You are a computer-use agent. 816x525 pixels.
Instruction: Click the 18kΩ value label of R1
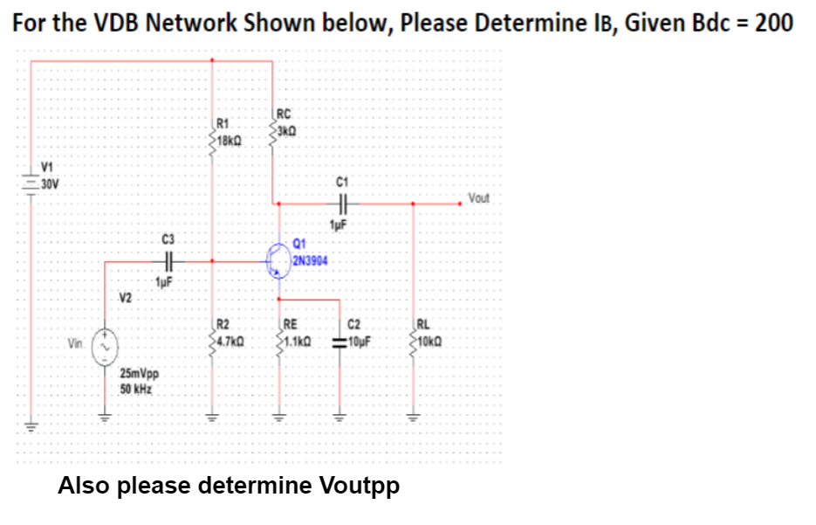click(230, 140)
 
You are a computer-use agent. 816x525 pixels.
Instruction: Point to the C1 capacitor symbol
click(342, 203)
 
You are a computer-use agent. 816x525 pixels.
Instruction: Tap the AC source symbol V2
click(106, 347)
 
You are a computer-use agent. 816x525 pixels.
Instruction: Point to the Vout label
click(480, 197)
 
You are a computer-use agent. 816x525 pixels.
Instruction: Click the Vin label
click(77, 344)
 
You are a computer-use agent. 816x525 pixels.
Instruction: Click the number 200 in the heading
click(774, 23)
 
